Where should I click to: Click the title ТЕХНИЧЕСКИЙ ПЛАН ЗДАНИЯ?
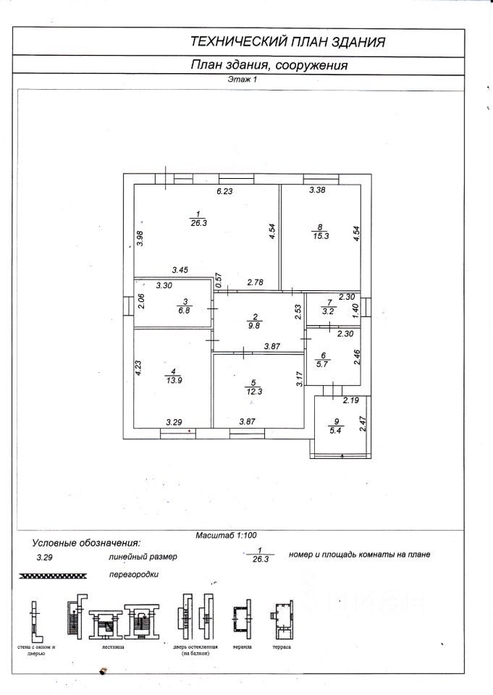[287, 41]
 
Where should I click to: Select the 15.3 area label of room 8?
[319, 236]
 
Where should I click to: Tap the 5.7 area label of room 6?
[324, 365]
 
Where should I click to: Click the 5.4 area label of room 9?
[334, 430]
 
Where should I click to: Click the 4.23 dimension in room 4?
[138, 362]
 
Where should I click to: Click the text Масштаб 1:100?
[226, 536]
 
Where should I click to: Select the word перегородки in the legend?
[133, 574]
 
